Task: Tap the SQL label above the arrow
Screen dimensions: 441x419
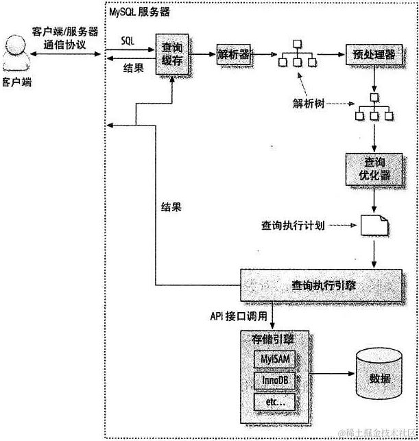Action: (128, 40)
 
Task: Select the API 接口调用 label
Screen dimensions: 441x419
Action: (239, 318)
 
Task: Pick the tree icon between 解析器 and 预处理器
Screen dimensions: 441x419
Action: (296, 54)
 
